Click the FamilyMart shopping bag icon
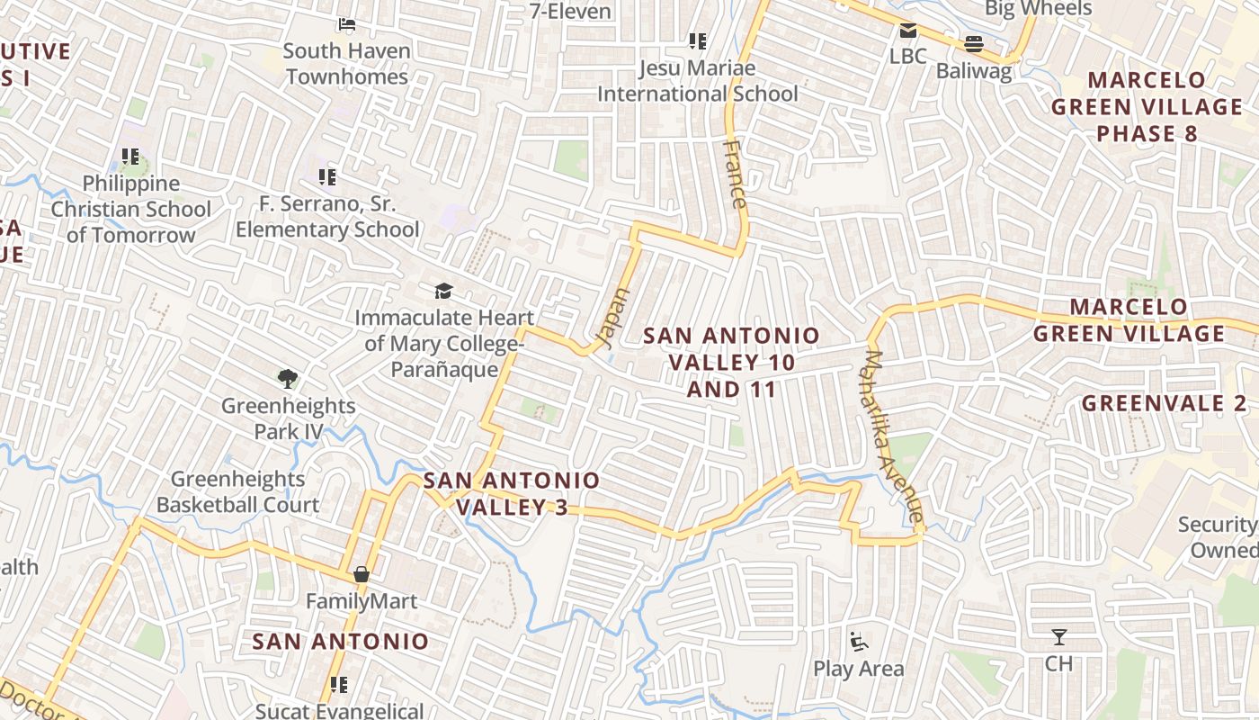click(x=362, y=574)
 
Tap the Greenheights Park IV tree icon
click(x=288, y=379)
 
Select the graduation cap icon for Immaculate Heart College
click(x=443, y=291)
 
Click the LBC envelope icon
click(x=907, y=31)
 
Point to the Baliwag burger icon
click(x=973, y=43)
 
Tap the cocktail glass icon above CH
click(x=1059, y=637)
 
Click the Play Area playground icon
click(x=859, y=642)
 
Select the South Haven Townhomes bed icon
click(x=347, y=23)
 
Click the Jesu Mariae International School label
click(x=698, y=81)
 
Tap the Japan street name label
click(x=613, y=319)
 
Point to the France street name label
click(x=735, y=175)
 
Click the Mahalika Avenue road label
click(x=892, y=436)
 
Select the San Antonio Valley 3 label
click(x=512, y=493)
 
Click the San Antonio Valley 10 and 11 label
click(x=731, y=362)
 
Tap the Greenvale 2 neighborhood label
click(x=1164, y=402)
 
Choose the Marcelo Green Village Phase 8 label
click(x=1147, y=106)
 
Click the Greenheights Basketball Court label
click(x=238, y=491)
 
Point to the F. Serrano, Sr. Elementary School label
click(x=327, y=217)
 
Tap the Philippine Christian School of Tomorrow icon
click(x=130, y=157)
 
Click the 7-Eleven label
click(x=570, y=12)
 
